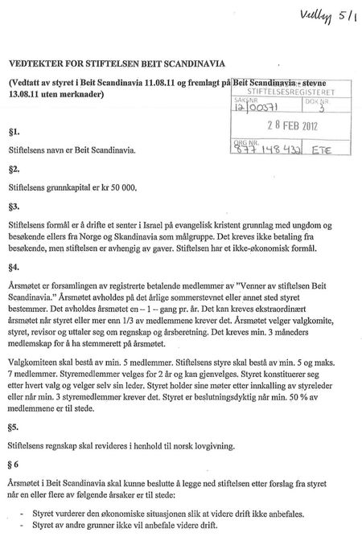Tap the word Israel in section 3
159,227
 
